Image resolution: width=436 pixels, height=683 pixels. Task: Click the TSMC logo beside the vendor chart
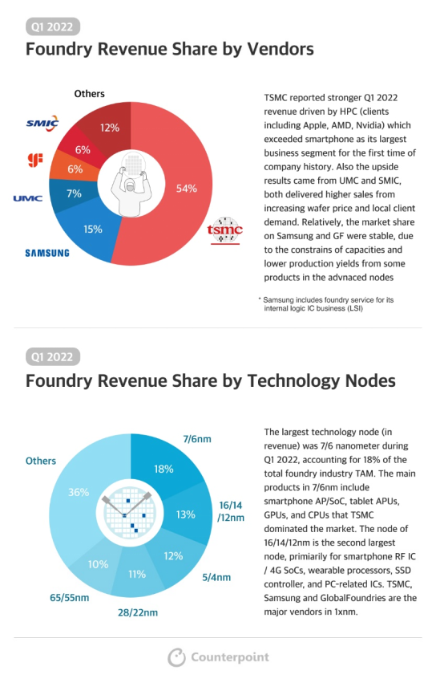click(224, 230)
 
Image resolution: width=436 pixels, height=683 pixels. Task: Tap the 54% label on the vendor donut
click(187, 189)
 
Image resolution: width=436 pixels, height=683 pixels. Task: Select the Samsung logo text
click(47, 253)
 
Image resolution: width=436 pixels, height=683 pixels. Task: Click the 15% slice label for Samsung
click(93, 229)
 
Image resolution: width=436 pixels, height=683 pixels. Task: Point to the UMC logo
click(28, 198)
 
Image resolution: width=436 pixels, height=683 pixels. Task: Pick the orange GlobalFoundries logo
click(35, 161)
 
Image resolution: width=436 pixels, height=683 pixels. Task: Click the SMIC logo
click(42, 124)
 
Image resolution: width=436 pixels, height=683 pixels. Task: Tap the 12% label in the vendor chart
click(110, 128)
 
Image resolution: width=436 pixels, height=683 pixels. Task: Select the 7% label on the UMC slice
click(74, 193)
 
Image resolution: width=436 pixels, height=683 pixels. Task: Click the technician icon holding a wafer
click(131, 184)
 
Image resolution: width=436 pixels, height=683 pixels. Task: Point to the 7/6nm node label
click(197, 439)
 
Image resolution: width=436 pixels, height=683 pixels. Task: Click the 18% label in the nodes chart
click(163, 470)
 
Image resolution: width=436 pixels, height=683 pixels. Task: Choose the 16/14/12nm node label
click(231, 511)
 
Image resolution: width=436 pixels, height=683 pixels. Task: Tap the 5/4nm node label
click(216, 578)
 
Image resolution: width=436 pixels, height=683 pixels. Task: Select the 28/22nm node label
click(138, 612)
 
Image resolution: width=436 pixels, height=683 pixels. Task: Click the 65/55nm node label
click(70, 598)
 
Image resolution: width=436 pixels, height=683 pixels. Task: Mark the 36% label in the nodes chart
click(79, 492)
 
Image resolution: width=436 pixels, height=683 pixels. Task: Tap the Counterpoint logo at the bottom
click(219, 657)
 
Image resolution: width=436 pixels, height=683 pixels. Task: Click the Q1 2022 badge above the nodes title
click(53, 357)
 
